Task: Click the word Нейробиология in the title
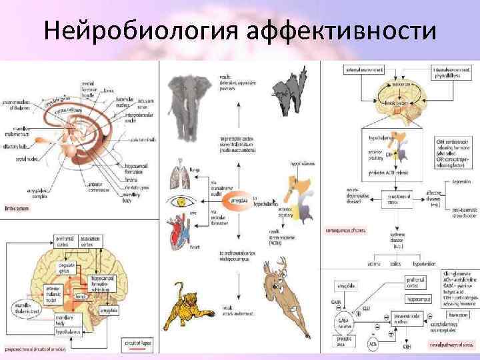136,31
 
